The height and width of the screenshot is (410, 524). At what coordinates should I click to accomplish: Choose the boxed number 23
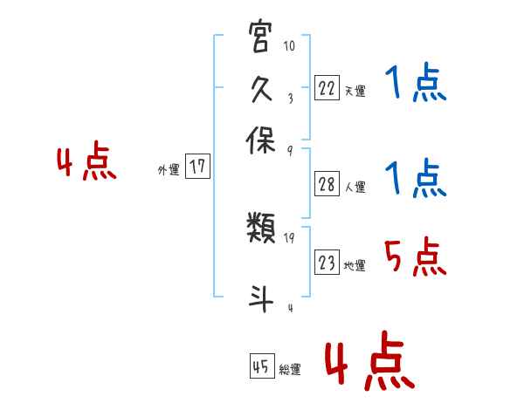click(326, 263)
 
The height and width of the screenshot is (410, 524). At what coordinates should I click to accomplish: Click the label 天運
click(355, 91)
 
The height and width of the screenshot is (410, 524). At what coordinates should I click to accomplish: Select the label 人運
click(355, 187)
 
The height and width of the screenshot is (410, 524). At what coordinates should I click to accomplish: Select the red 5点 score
click(415, 257)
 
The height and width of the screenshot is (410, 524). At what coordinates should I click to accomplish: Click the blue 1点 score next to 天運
click(415, 85)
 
